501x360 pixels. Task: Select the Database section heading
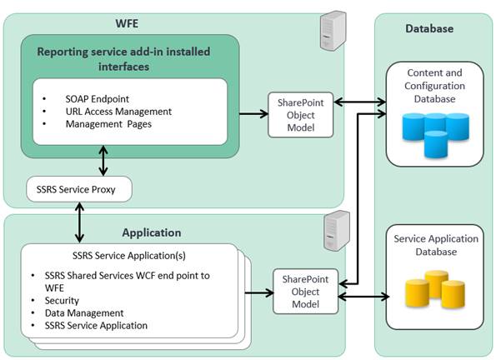point(429,28)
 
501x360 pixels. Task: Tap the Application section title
point(151,232)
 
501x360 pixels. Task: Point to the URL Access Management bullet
point(118,111)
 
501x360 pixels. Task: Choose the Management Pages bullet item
point(108,124)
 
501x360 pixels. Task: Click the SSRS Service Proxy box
point(80,189)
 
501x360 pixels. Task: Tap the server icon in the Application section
point(335,230)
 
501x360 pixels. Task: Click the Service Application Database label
point(436,245)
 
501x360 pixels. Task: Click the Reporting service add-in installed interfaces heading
point(123,58)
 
